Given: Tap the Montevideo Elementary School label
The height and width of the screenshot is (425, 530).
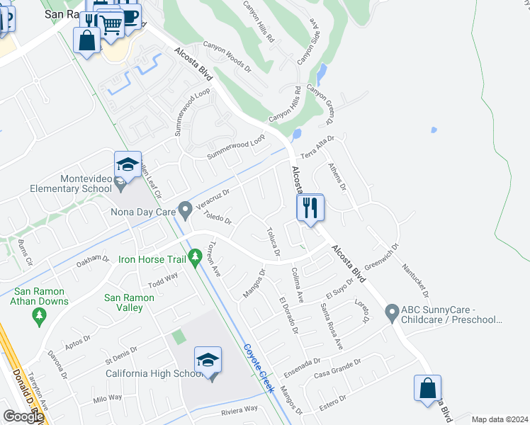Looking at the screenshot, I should pyautogui.click(x=71, y=184).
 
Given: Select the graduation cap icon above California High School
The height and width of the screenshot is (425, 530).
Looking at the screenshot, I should pyautogui.click(x=208, y=360).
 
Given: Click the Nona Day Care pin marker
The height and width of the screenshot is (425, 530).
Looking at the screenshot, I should pyautogui.click(x=185, y=210).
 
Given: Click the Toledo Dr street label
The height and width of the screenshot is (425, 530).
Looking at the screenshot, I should pyautogui.click(x=217, y=216).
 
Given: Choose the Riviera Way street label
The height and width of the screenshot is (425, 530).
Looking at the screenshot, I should pyautogui.click(x=239, y=409).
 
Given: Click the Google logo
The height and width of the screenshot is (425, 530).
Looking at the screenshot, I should pyautogui.click(x=23, y=416).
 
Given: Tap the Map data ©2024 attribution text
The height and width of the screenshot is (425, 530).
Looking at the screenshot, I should pyautogui.click(x=500, y=419).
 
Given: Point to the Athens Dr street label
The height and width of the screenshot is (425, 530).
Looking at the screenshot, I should pyautogui.click(x=336, y=176).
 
